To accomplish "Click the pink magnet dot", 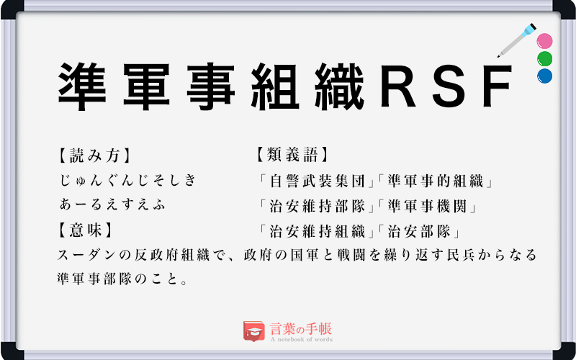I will click(x=544, y=41).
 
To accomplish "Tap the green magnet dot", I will click(x=544, y=58).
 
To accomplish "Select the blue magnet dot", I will click(x=544, y=75).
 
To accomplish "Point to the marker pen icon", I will click(x=516, y=41).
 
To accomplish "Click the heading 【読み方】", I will click(x=94, y=155).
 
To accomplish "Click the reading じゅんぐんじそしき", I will click(x=128, y=181).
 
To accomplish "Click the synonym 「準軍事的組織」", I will click(x=435, y=181).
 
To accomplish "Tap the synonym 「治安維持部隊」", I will click(x=316, y=206).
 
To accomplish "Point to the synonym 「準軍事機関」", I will click(x=428, y=206).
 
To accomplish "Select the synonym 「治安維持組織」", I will click(x=316, y=231).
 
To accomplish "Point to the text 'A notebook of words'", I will click(x=302, y=339).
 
